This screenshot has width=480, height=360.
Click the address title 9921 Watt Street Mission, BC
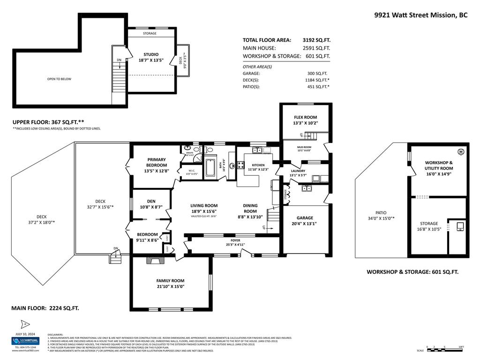[420, 15]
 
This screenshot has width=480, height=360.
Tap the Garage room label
[305, 217]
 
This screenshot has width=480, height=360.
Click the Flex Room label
[305, 117]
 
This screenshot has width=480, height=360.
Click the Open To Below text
[59, 79]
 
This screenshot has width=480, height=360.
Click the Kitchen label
[258, 165]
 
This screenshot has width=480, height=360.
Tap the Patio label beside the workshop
[380, 212]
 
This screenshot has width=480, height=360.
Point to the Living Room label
[203, 205]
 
